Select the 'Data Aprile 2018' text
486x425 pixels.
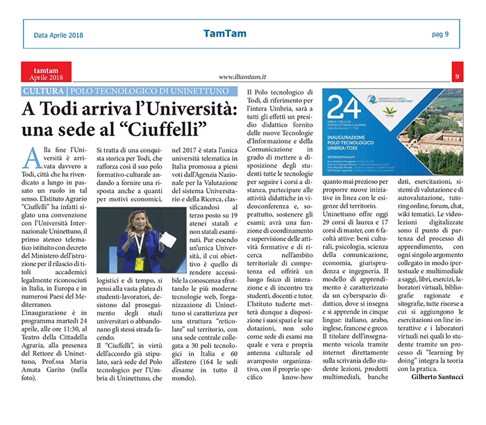point(62,35)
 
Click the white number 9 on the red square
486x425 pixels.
point(457,76)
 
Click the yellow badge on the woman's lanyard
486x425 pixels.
point(137,264)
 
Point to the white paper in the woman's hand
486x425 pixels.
point(168,239)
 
